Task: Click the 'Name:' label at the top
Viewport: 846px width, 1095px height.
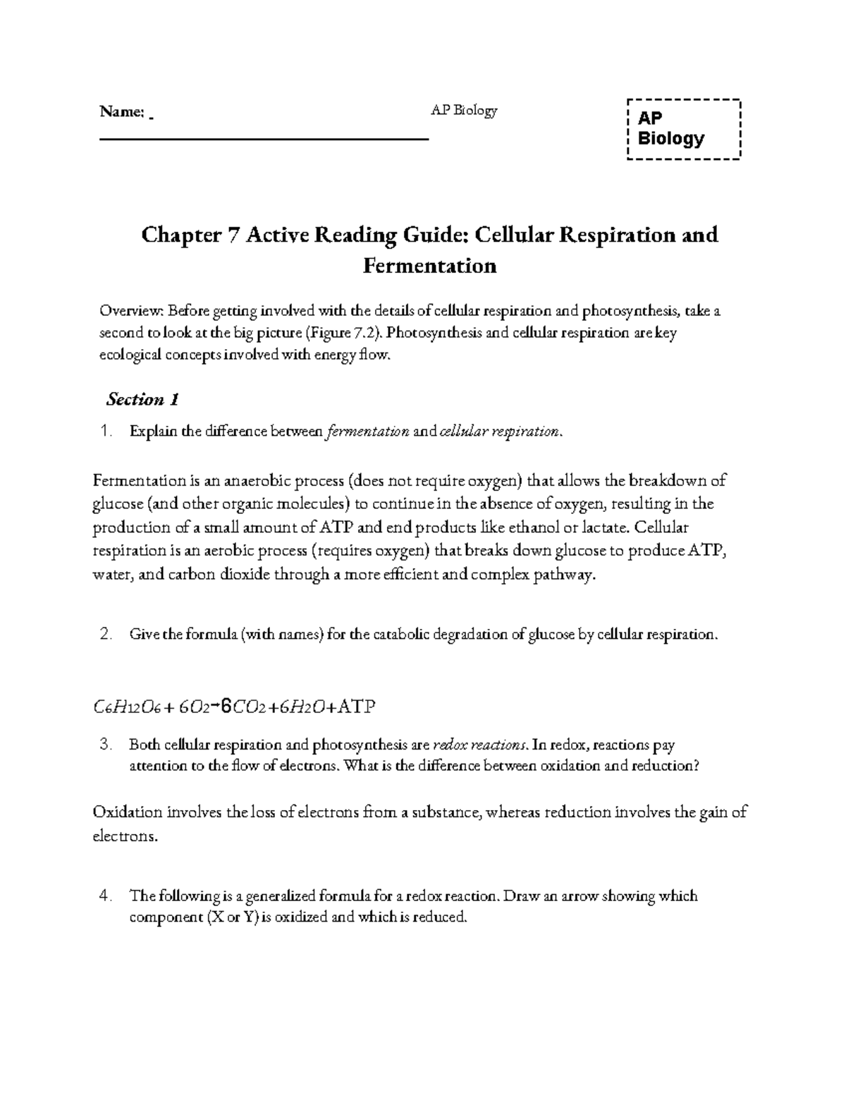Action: click(122, 111)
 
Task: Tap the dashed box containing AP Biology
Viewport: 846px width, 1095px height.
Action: click(683, 129)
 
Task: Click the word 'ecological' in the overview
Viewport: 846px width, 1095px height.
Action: click(132, 356)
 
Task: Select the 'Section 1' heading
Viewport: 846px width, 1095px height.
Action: click(142, 400)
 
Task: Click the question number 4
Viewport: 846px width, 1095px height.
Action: click(106, 896)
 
